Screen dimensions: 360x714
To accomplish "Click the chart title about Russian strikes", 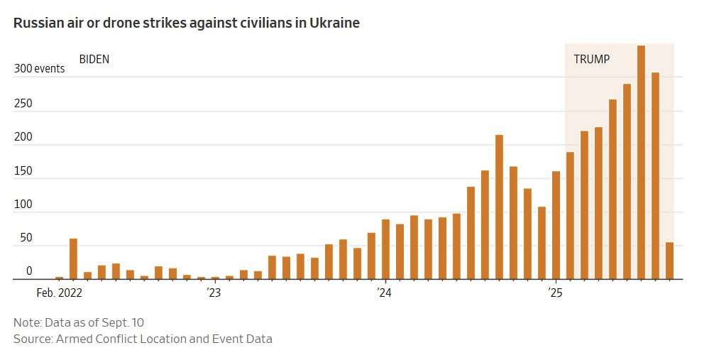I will (x=187, y=23).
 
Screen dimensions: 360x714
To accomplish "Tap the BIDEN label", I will (x=94, y=60).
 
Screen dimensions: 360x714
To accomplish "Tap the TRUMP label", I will (x=591, y=60).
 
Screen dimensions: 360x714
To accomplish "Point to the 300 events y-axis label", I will (x=40, y=69).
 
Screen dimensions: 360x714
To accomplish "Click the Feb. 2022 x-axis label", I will (x=59, y=292).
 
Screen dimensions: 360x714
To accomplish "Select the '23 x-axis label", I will (x=214, y=292).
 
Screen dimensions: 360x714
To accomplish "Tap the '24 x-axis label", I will (x=385, y=292).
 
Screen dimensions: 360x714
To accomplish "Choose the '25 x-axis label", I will (x=555, y=292).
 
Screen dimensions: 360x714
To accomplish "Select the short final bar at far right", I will (x=669, y=261).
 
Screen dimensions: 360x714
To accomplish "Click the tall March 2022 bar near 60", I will (x=73, y=258).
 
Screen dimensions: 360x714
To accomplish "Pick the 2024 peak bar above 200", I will (x=499, y=207).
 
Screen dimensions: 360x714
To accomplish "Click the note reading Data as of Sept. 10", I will (x=79, y=322).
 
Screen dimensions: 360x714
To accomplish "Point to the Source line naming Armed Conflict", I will (x=143, y=339).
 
